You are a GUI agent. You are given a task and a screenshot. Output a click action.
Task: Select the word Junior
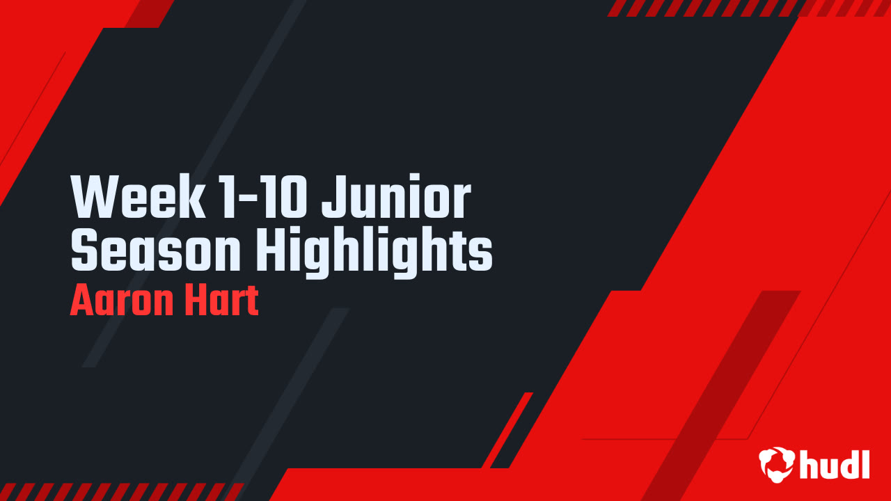point(396,199)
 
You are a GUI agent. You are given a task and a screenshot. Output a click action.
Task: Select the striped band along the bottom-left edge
point(118,492)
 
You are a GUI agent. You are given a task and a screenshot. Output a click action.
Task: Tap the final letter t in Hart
point(251,301)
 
